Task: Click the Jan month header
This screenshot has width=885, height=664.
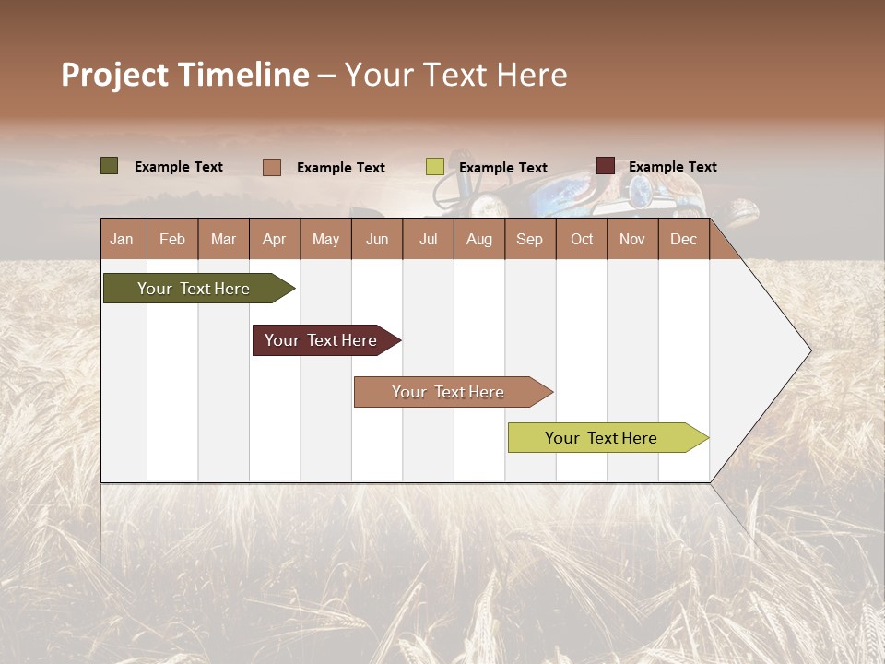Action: click(x=122, y=239)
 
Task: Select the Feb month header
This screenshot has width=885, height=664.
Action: click(x=172, y=239)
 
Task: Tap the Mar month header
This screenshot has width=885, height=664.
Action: click(x=223, y=239)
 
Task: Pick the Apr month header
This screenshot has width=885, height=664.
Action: click(x=274, y=239)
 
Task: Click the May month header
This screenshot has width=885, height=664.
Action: click(x=325, y=239)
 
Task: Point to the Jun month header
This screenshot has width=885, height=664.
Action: click(x=377, y=239)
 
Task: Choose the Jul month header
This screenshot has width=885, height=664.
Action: click(x=428, y=239)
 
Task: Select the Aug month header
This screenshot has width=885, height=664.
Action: click(x=478, y=239)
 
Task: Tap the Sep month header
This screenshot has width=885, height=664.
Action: click(x=529, y=239)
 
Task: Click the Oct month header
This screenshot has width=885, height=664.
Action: click(x=582, y=239)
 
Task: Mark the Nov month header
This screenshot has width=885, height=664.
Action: click(x=632, y=239)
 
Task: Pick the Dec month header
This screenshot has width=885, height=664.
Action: click(x=683, y=239)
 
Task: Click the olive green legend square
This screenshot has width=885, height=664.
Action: click(x=110, y=166)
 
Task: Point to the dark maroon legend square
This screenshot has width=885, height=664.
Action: click(x=605, y=166)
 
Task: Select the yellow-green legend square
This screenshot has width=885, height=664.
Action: click(x=435, y=167)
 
